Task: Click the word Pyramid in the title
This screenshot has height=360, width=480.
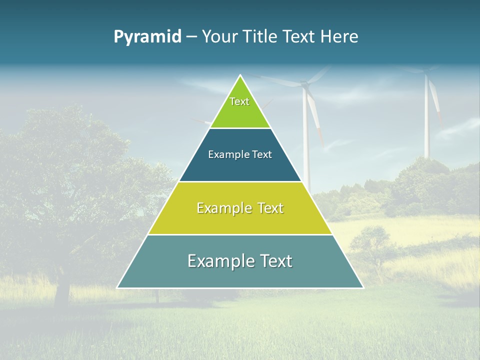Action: tap(147, 37)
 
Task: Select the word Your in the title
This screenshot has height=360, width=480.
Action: tap(219, 37)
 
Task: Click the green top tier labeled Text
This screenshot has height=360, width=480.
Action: tap(240, 107)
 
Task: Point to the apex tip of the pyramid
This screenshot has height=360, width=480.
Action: tap(240, 76)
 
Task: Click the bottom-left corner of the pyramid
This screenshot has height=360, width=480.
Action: tap(118, 287)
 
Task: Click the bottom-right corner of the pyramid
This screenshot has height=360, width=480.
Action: tap(362, 287)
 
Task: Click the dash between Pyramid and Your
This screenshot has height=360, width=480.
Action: tap(191, 37)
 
